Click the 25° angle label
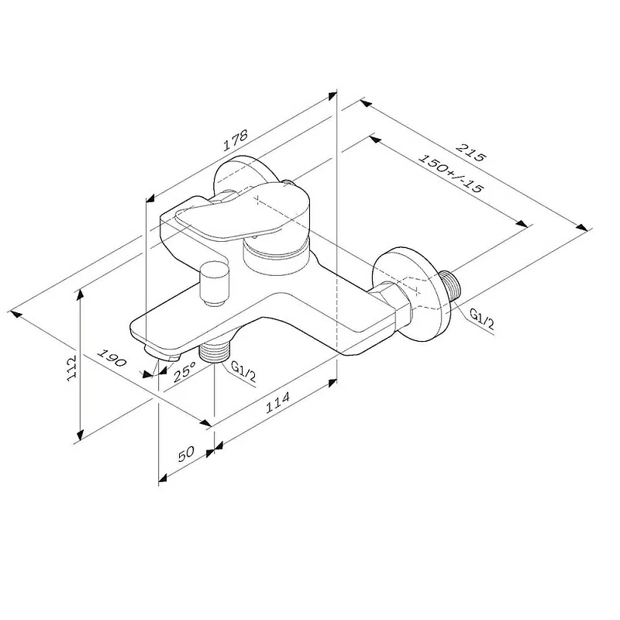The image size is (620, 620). click(x=184, y=374)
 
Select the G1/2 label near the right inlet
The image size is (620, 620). click(x=482, y=319)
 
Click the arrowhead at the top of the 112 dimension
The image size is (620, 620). click(x=79, y=294)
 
